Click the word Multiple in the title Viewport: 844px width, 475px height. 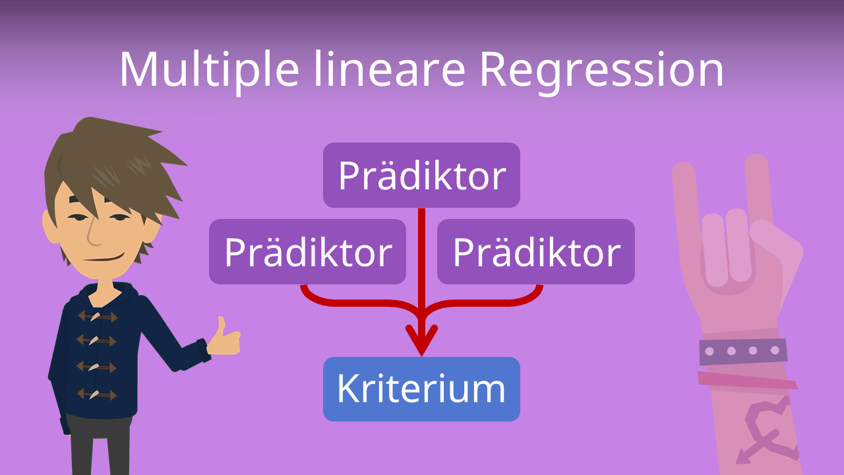(x=210, y=71)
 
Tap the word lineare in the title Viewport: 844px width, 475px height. (x=390, y=69)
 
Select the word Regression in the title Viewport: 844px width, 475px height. (x=602, y=73)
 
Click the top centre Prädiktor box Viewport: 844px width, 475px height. (x=421, y=175)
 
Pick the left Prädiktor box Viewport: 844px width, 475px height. (x=307, y=251)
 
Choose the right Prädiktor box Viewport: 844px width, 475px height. (x=536, y=251)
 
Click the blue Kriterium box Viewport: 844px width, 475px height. (x=421, y=389)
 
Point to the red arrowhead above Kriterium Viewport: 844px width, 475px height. (x=421, y=340)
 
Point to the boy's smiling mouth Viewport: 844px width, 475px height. (x=104, y=259)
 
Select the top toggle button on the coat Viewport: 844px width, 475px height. (x=97, y=316)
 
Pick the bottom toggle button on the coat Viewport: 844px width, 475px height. (x=96, y=395)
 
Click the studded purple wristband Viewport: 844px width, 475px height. (x=743, y=352)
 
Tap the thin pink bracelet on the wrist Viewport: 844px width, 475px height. (x=747, y=381)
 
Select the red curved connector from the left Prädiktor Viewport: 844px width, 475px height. (x=362, y=302)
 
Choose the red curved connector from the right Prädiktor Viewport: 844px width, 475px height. (x=482, y=302)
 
